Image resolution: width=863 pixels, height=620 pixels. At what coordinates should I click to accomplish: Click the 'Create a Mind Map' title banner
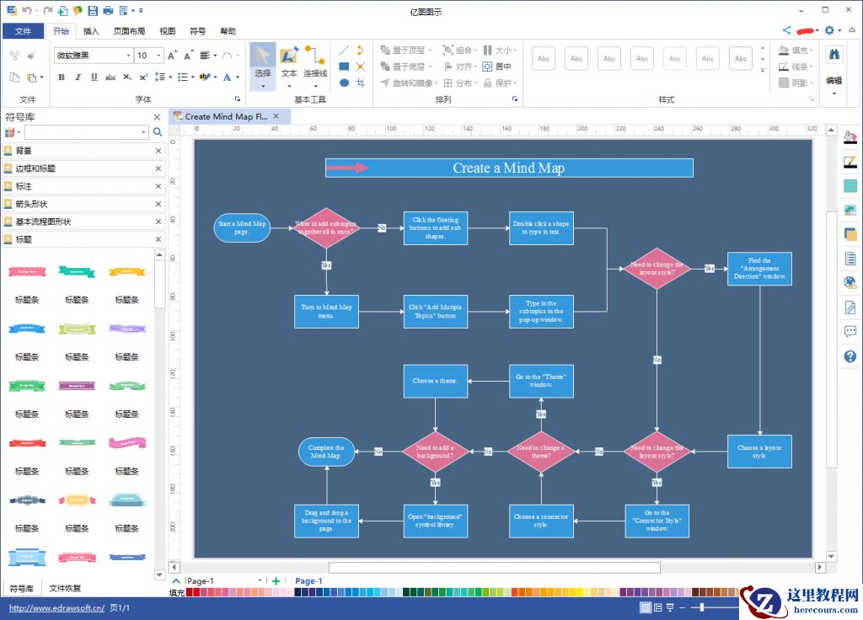[x=509, y=168]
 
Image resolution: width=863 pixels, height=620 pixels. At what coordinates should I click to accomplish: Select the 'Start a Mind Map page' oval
[x=242, y=228]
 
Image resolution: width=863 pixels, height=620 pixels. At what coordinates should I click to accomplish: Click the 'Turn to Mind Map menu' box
[x=326, y=312]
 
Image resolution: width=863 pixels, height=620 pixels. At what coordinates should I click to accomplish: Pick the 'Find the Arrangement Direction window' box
[x=759, y=269]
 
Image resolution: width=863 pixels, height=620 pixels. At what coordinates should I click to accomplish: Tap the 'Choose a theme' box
[x=435, y=381]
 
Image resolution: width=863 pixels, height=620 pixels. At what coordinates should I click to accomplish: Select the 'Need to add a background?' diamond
[x=435, y=452]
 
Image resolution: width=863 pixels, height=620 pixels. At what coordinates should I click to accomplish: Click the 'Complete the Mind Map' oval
[x=326, y=452]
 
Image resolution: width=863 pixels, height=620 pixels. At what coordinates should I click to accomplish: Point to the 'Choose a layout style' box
[x=759, y=452]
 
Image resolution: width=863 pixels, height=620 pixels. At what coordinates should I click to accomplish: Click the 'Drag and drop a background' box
[x=326, y=521]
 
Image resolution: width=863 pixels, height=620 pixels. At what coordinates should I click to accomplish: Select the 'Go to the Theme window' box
[x=541, y=381]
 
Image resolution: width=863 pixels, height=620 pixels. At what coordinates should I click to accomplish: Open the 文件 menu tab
[x=23, y=31]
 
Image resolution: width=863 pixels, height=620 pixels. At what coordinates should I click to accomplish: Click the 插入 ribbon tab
[x=91, y=31]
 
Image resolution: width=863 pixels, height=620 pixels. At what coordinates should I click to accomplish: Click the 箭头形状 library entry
[x=32, y=204]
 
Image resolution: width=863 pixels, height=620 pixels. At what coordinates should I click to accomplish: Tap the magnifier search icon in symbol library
[x=158, y=132]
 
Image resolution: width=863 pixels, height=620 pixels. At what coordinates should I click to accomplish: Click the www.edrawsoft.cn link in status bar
[x=56, y=607]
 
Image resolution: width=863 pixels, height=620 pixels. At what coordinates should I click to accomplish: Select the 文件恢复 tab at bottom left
[x=65, y=588]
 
